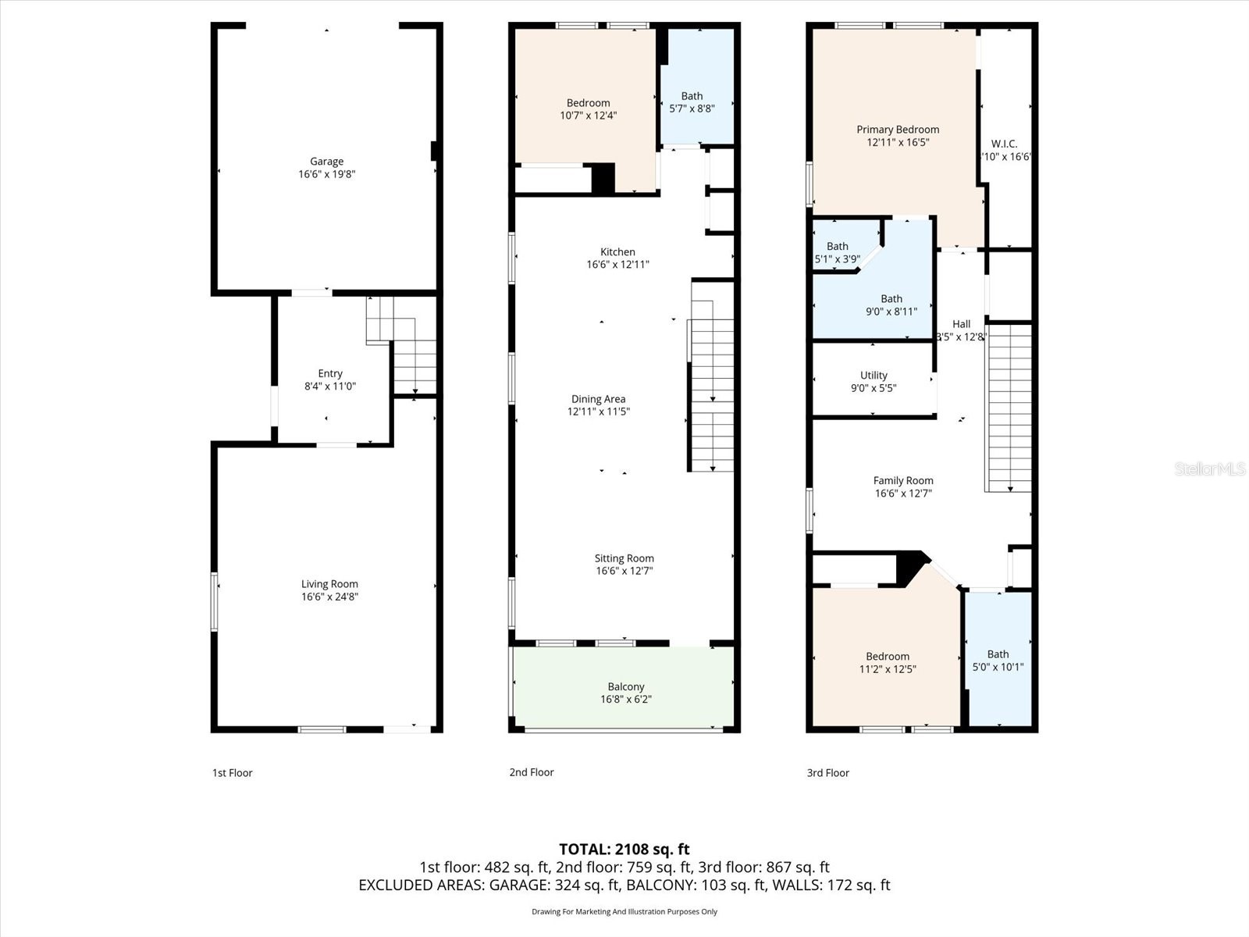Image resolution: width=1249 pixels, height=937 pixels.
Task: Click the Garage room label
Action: click(326, 162)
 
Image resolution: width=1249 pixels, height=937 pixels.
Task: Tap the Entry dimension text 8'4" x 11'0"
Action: click(329, 386)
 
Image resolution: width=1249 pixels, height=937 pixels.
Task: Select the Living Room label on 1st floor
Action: click(329, 584)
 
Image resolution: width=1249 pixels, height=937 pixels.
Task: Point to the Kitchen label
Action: click(617, 251)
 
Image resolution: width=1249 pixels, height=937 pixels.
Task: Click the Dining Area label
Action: click(598, 399)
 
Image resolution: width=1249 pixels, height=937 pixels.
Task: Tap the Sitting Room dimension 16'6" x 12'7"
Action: click(624, 571)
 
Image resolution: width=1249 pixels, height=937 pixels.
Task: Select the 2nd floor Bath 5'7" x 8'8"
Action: click(692, 102)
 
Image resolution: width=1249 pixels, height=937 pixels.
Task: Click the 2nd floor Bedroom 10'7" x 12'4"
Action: click(588, 109)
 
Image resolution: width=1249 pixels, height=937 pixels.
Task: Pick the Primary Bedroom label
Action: click(898, 130)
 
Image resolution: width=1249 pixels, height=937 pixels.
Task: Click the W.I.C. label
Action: click(1004, 144)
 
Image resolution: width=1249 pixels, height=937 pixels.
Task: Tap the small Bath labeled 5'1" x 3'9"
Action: click(837, 252)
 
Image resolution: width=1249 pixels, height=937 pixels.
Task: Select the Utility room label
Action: click(874, 376)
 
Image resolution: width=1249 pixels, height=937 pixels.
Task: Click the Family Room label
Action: click(903, 481)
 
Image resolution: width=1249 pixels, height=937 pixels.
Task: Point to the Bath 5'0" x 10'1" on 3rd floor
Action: click(998, 661)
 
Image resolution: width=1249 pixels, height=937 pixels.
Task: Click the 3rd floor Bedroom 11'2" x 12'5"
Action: click(888, 662)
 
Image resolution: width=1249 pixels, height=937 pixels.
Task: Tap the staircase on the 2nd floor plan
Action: click(712, 394)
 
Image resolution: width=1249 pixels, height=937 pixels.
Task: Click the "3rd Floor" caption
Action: click(827, 773)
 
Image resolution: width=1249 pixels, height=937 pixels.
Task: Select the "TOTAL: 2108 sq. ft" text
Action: click(624, 850)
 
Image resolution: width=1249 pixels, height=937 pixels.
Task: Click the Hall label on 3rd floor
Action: click(961, 324)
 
